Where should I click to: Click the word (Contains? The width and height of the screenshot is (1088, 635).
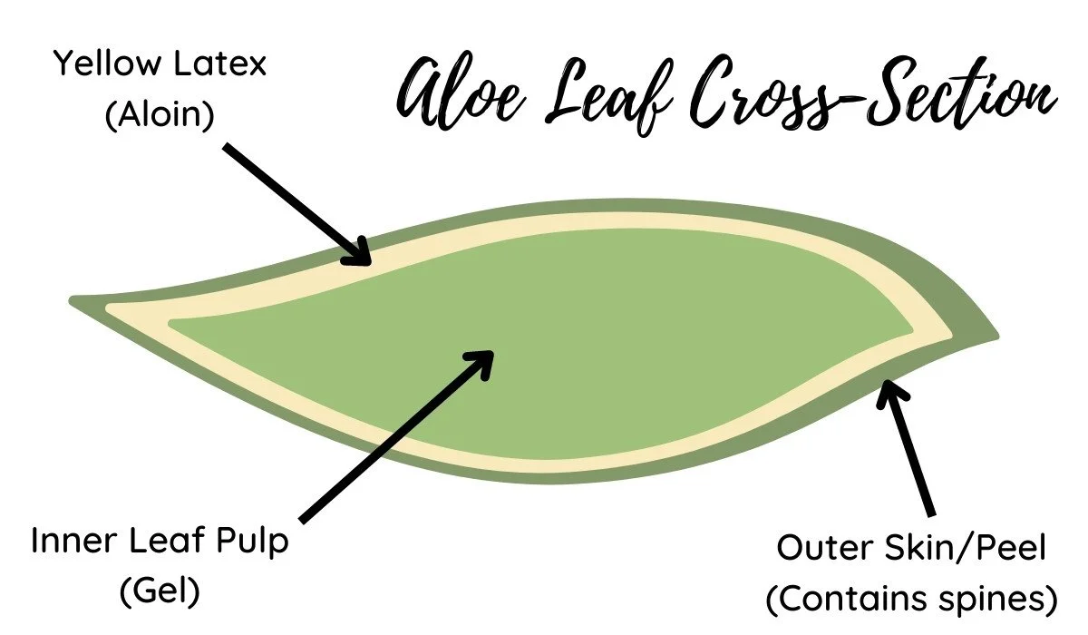coord(844,599)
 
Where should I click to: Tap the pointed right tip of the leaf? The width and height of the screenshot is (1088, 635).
coord(996,337)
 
